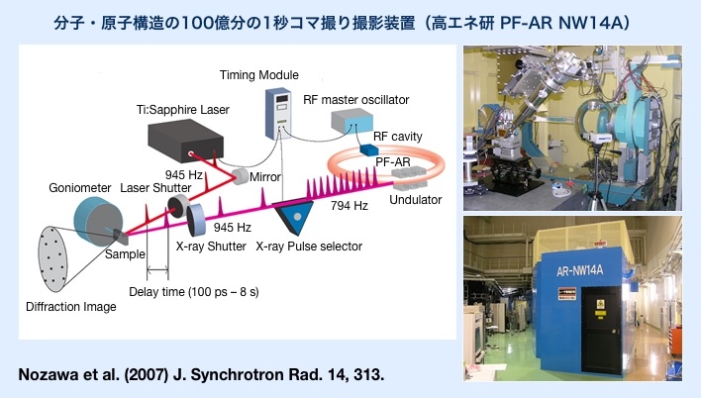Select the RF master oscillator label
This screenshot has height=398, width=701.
(355, 100)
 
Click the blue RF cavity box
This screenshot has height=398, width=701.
(369, 149)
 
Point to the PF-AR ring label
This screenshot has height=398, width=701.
(392, 162)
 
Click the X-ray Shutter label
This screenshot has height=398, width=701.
(210, 247)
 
